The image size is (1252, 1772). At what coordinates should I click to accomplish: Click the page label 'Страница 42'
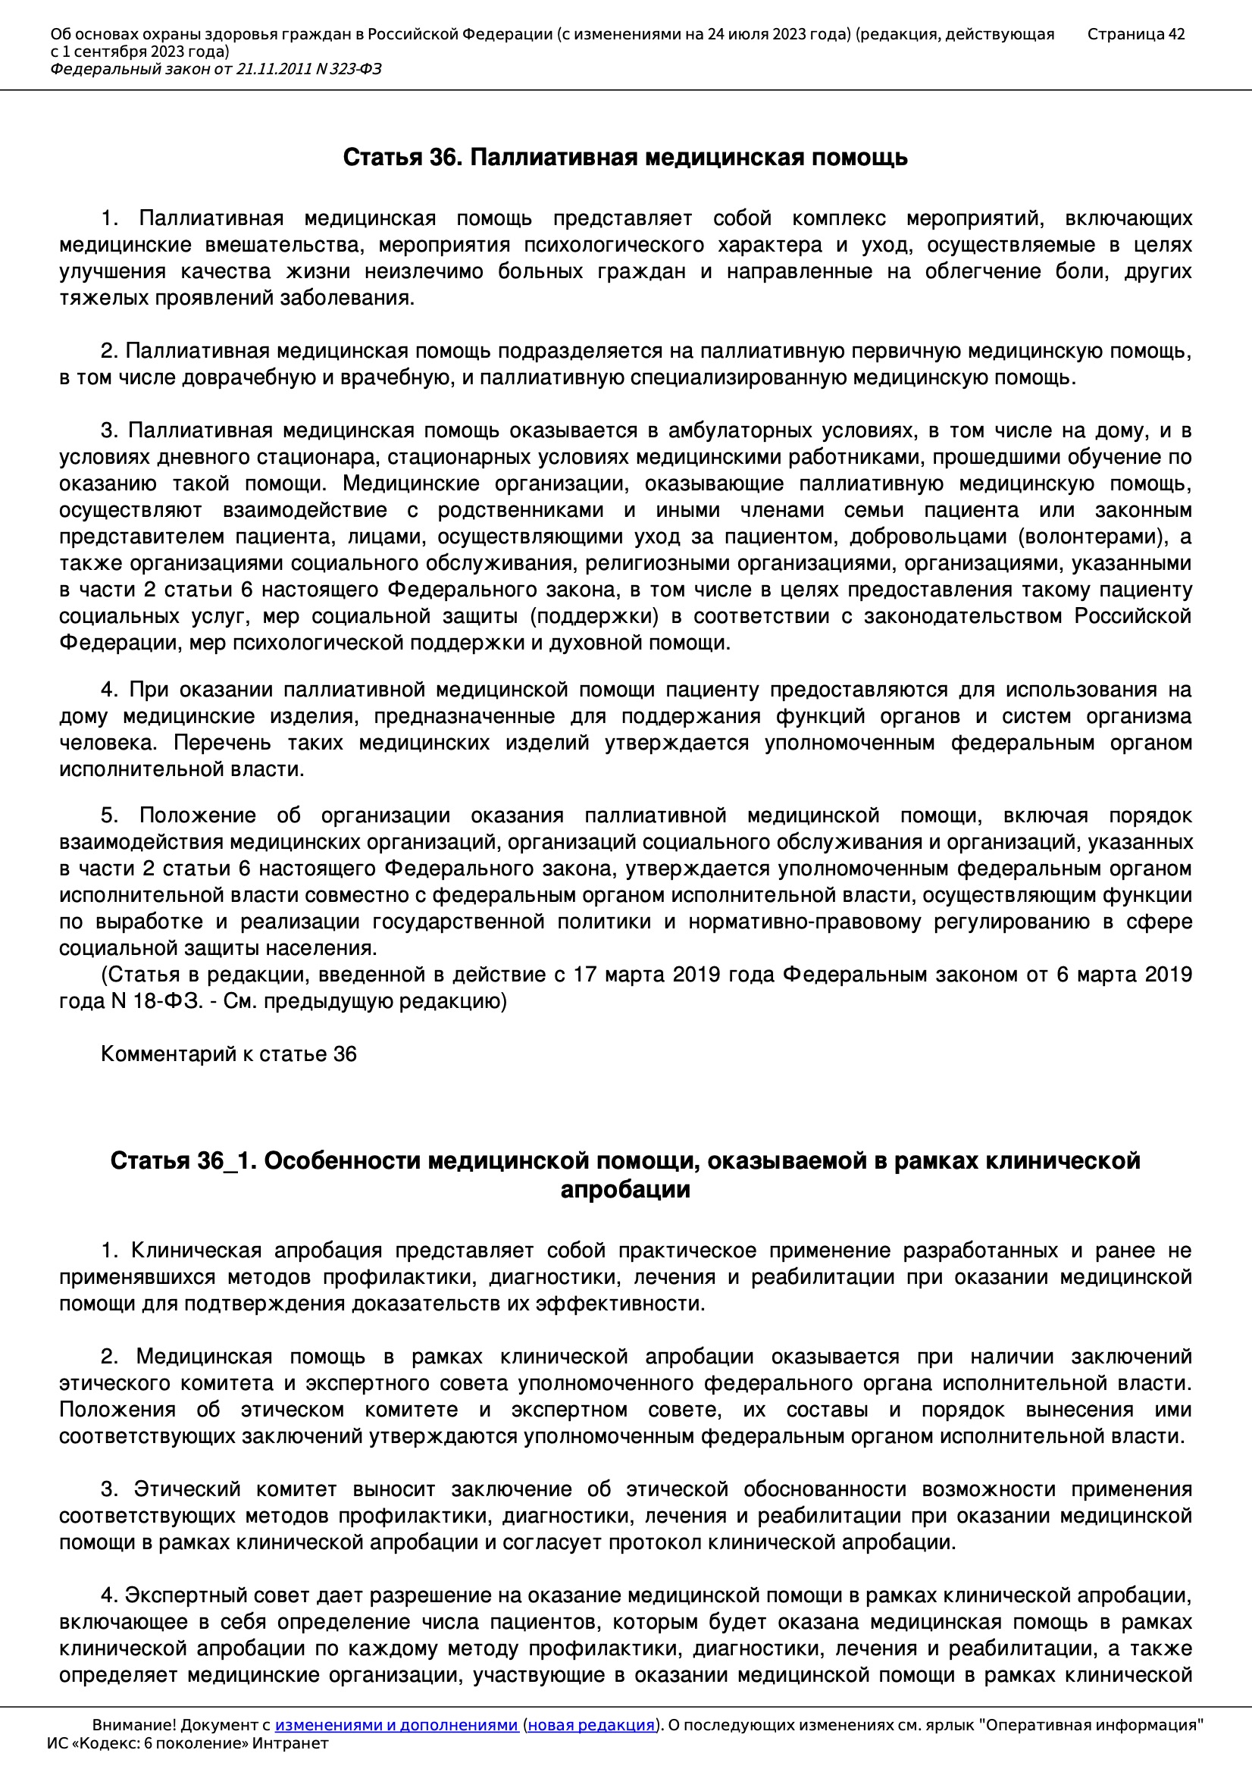(1135, 34)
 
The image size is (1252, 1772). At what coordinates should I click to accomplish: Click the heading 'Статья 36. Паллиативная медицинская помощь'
(625, 158)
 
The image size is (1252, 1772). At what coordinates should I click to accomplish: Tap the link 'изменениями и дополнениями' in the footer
(396, 1725)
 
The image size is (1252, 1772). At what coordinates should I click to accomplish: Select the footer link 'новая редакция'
(590, 1725)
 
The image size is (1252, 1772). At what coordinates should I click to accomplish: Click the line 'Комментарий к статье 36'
(228, 1054)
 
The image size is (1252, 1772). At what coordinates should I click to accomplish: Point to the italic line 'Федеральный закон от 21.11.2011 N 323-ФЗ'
(216, 70)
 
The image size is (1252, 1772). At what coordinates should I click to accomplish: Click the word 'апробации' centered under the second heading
(625, 1189)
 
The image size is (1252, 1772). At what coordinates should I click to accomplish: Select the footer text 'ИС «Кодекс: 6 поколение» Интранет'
(187, 1743)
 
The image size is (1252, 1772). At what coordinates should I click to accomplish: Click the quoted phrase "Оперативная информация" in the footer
(1091, 1725)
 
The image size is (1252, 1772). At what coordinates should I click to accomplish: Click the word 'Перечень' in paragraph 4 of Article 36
(222, 743)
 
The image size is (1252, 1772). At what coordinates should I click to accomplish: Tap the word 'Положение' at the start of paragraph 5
(198, 816)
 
